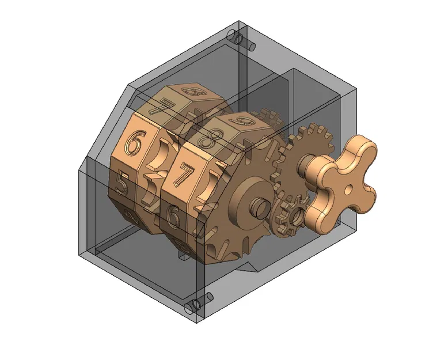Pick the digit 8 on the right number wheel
point(207,139)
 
